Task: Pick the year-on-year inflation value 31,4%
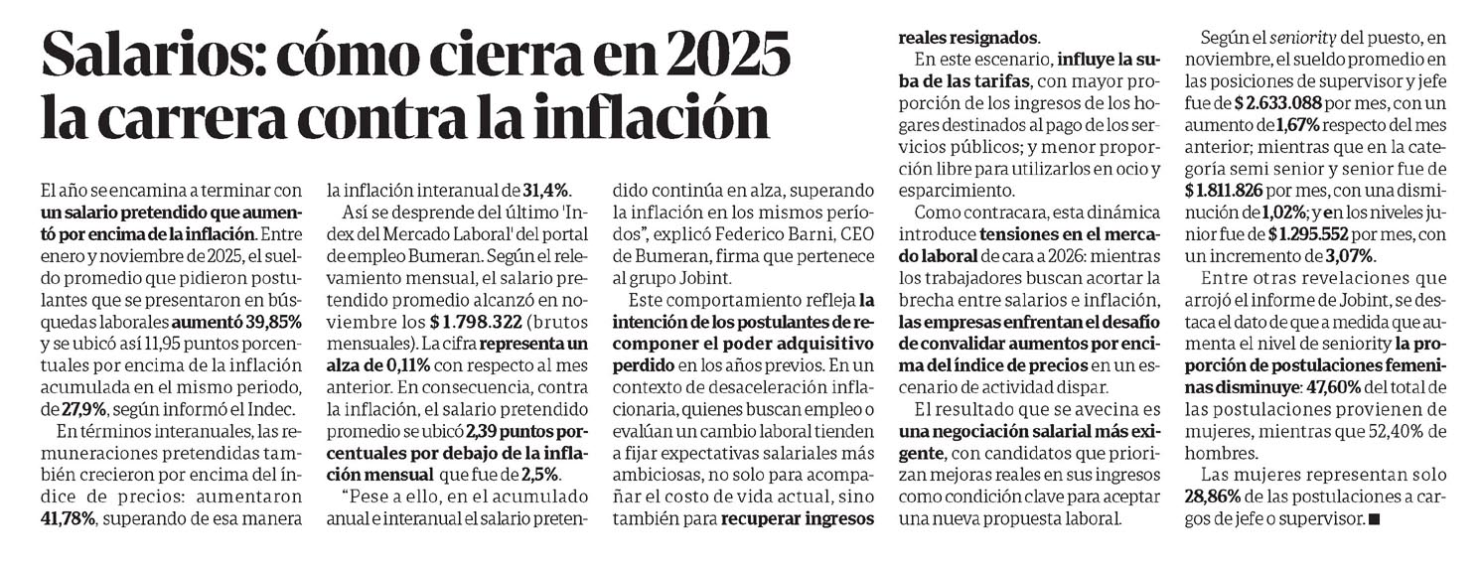[x=546, y=191]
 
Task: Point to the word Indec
[x=270, y=406]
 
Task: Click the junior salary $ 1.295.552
[x=1322, y=234]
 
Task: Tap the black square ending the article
[x=1374, y=518]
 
